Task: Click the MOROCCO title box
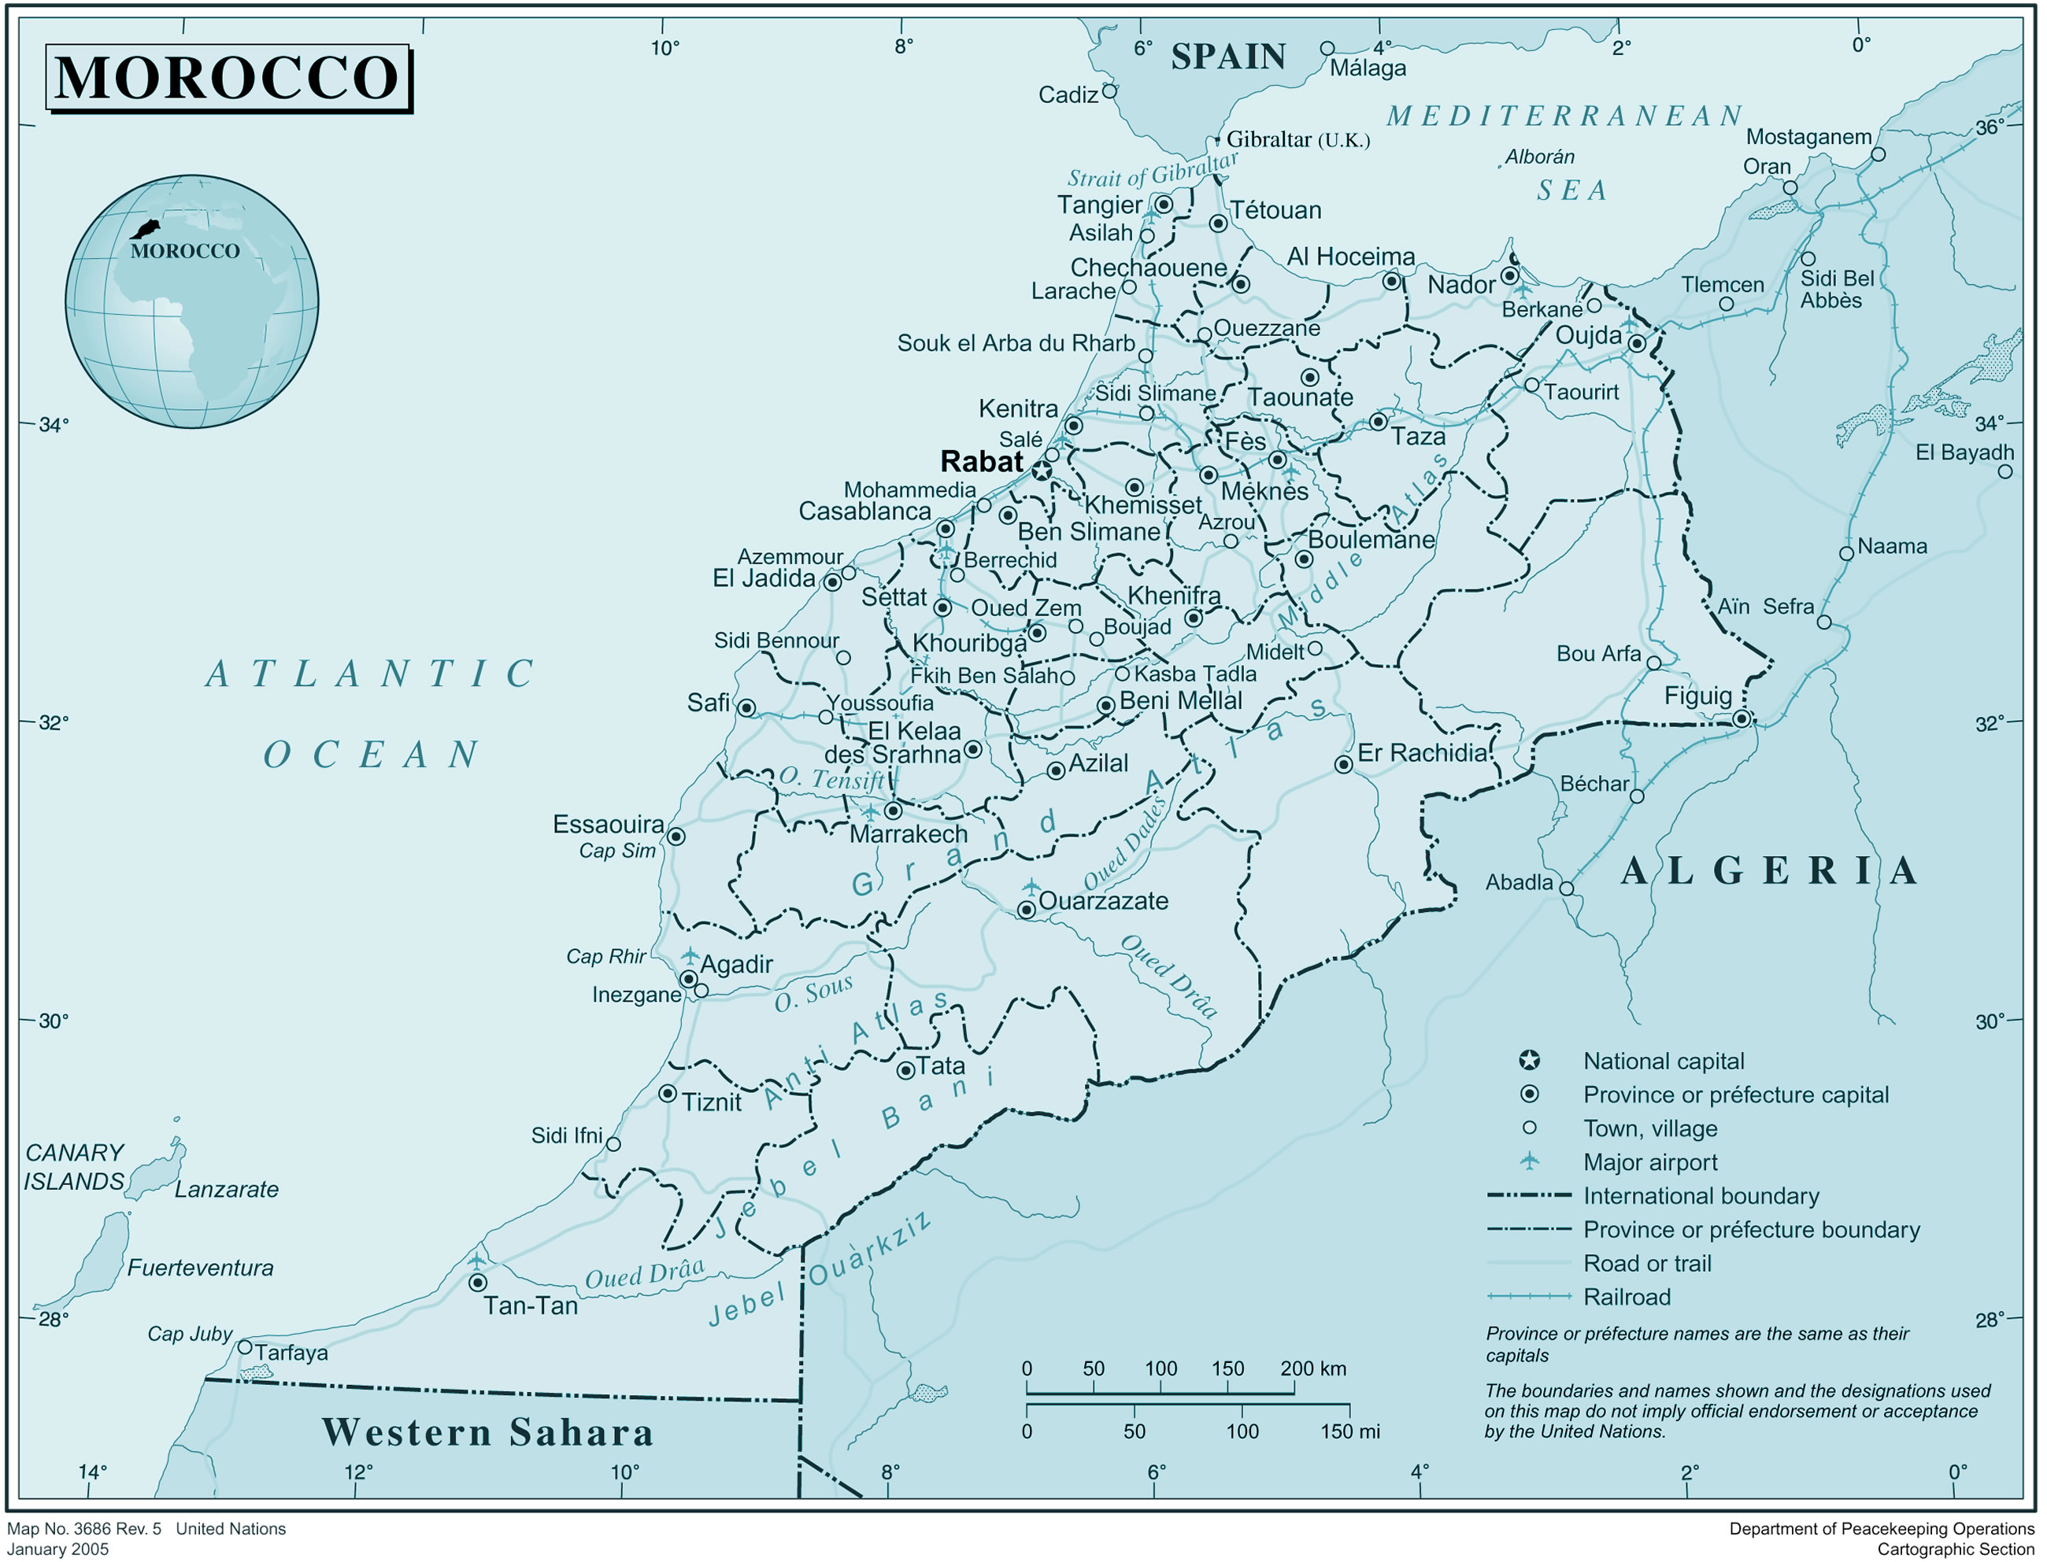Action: [228, 78]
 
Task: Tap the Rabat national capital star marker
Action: [1042, 471]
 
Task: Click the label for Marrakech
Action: [908, 835]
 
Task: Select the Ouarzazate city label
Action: [1103, 901]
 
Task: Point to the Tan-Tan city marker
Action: [477, 1283]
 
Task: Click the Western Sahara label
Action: [487, 1433]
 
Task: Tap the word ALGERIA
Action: [1769, 871]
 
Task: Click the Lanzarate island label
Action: [226, 1190]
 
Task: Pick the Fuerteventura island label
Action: [200, 1268]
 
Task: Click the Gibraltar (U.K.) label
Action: [1297, 140]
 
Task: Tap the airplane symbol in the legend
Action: [1529, 1161]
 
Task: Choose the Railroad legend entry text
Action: [1627, 1297]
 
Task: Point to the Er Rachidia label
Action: [1422, 753]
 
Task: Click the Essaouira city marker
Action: [677, 836]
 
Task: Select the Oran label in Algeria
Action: [1766, 168]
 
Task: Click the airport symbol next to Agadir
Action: [690, 956]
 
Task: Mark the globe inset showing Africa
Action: [191, 302]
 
